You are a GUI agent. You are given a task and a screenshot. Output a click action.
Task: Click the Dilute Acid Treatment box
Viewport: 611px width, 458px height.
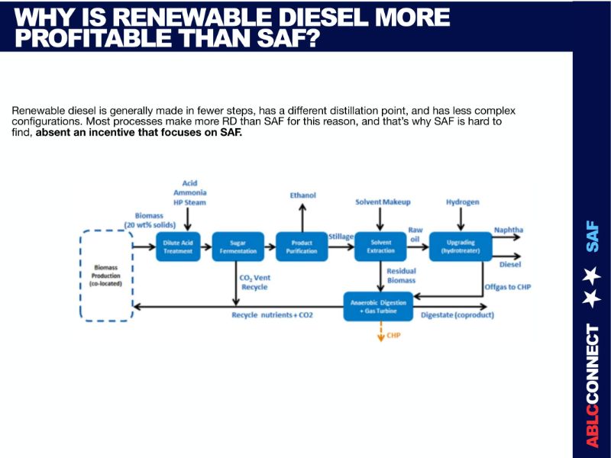click(x=177, y=247)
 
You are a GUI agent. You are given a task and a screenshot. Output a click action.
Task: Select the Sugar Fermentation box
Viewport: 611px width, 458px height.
click(x=237, y=247)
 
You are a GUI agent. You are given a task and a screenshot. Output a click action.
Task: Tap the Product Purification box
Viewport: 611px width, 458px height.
click(x=301, y=247)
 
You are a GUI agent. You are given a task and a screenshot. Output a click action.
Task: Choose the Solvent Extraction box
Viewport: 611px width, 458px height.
click(x=380, y=247)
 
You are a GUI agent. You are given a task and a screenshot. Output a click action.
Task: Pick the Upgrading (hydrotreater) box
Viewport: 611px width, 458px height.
click(x=459, y=247)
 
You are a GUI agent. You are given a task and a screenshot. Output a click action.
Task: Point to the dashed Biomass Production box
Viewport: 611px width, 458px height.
click(x=106, y=276)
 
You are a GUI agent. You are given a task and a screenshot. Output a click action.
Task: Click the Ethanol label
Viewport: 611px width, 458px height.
click(x=302, y=195)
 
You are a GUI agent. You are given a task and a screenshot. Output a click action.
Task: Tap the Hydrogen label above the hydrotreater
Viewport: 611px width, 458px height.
click(x=462, y=202)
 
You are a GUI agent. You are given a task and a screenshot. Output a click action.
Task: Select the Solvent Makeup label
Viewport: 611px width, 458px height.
click(x=383, y=202)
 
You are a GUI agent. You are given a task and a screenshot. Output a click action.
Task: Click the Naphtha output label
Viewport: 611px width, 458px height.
click(x=508, y=230)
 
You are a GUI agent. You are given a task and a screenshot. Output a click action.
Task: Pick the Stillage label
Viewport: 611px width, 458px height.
click(x=341, y=237)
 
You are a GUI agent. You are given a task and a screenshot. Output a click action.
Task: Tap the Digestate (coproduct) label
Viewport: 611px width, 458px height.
click(x=457, y=314)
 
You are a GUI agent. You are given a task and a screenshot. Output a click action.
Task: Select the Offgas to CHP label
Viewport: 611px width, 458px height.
click(x=507, y=287)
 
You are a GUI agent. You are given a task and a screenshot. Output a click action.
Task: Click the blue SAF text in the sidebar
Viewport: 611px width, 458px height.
click(x=592, y=236)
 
